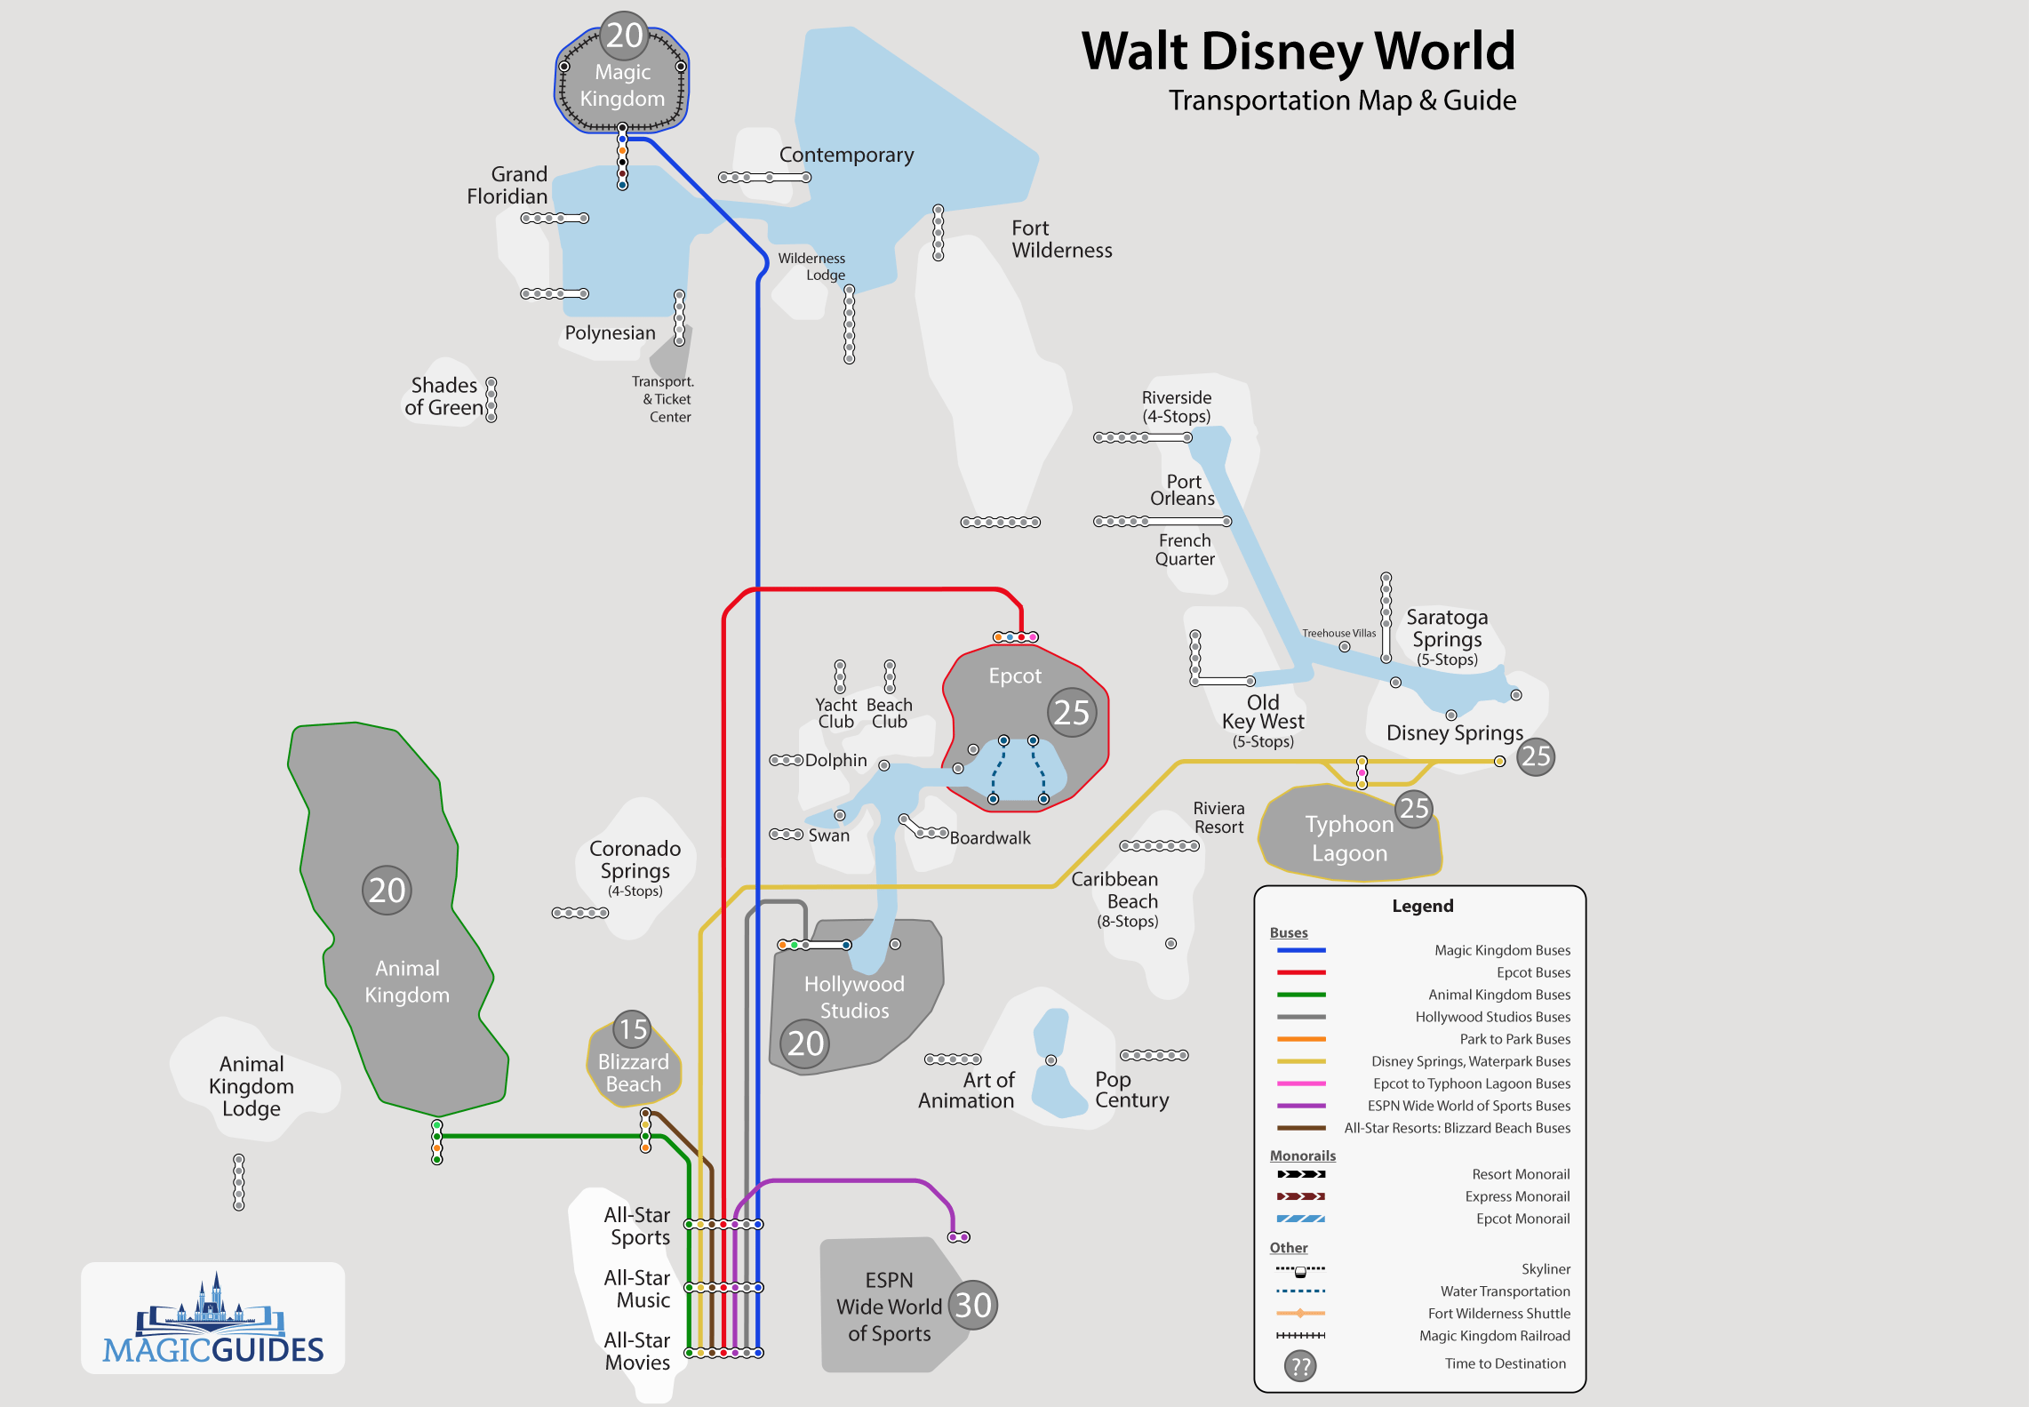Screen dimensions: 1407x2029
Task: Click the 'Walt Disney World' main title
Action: point(1298,52)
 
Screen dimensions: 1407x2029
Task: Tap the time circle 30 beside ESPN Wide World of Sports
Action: point(973,1305)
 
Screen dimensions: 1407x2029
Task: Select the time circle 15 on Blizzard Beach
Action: point(633,1029)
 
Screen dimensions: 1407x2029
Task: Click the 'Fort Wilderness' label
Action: point(1061,239)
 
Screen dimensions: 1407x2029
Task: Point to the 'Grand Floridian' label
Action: point(507,185)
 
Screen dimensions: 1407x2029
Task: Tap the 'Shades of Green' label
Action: point(443,396)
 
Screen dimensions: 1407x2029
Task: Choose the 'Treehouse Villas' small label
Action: point(1338,634)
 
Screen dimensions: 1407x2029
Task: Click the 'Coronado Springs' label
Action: point(635,860)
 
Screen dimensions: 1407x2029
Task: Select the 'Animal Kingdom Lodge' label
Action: point(252,1086)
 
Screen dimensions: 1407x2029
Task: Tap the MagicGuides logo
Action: point(213,1319)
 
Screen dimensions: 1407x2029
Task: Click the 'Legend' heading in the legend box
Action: point(1422,906)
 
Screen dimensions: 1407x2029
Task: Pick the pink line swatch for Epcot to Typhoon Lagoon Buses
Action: point(1301,1083)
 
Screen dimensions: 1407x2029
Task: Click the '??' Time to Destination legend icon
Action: point(1300,1366)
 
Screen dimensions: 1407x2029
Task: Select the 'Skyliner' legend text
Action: point(1546,1269)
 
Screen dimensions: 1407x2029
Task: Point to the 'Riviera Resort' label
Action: point(1218,818)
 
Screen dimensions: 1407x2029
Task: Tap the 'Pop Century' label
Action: point(1131,1090)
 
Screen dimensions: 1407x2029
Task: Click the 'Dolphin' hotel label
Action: point(835,760)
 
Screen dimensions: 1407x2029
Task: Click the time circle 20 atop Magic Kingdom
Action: point(625,36)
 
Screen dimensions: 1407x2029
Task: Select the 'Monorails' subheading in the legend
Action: point(1302,1155)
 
